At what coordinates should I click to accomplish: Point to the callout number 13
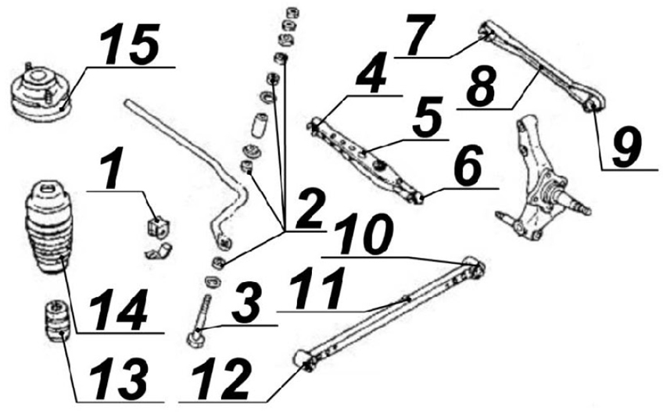119,379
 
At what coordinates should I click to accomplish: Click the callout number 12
221,379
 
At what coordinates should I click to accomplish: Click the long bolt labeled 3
199,323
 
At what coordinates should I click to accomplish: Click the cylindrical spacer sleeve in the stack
260,124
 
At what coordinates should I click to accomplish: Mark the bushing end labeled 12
305,359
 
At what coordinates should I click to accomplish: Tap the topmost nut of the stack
291,12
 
